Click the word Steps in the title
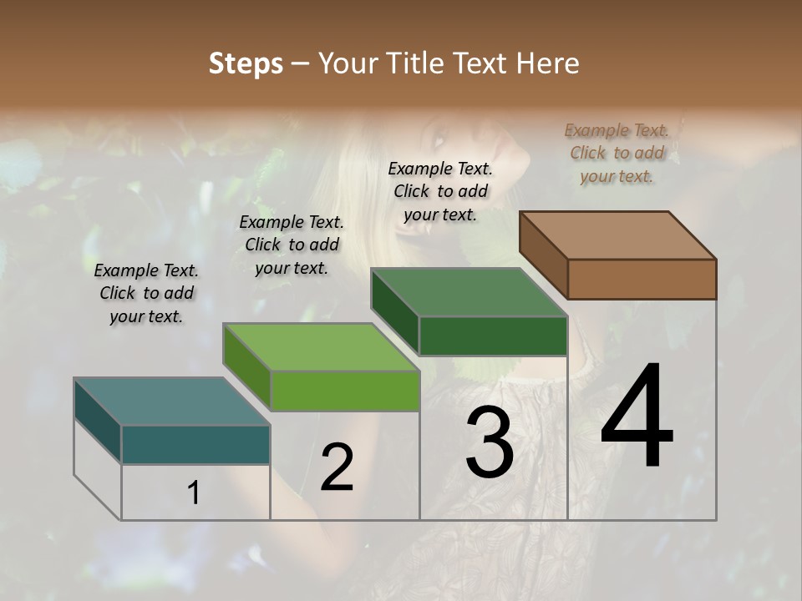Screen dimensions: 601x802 [x=246, y=63]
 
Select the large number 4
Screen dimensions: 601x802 [x=637, y=417]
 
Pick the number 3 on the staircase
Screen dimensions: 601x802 [x=489, y=442]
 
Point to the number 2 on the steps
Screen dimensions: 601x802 [x=337, y=467]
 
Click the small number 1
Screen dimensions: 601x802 [x=194, y=493]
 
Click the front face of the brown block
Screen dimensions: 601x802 [x=642, y=279]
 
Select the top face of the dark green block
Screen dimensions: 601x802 [x=469, y=292]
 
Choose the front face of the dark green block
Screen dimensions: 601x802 [x=493, y=336]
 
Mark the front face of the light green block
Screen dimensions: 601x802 [x=345, y=391]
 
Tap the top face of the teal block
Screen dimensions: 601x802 [x=172, y=402]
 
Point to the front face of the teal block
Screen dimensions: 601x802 [x=195, y=444]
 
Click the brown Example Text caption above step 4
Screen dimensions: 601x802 [x=617, y=153]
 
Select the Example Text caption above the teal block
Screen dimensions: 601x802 [x=146, y=293]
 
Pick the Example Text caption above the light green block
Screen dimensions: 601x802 [x=292, y=245]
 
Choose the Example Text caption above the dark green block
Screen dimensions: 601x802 [x=440, y=191]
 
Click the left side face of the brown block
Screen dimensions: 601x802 [x=544, y=254]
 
